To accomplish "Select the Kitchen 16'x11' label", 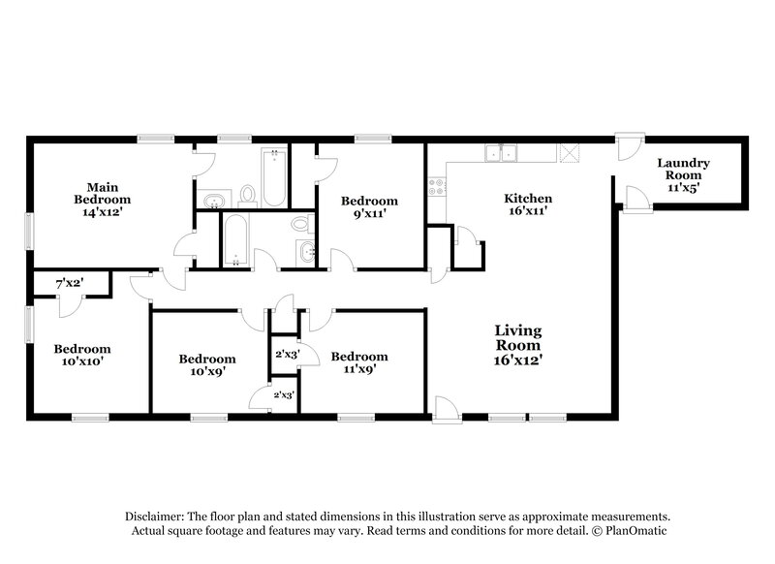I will [x=528, y=205].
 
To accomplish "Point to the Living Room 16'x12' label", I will [x=518, y=345].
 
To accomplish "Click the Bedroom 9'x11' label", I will [x=369, y=208].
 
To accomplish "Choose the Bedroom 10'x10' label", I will [x=81, y=355].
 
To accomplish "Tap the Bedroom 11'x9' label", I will [x=358, y=362].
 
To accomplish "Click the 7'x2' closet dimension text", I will [x=69, y=284].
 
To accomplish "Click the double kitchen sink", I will [x=505, y=152].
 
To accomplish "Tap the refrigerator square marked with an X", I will [x=570, y=152].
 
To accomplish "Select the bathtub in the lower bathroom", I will [x=235, y=238].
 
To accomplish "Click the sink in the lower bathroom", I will [x=308, y=254].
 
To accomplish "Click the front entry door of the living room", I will [x=448, y=411].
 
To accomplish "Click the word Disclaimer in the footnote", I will [x=157, y=517].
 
